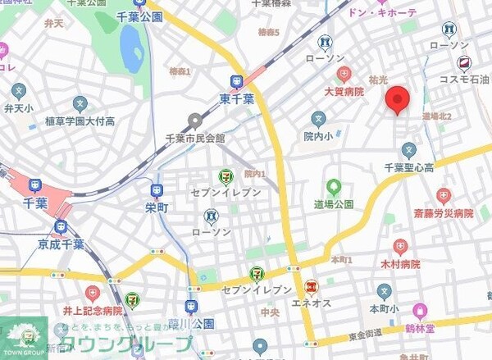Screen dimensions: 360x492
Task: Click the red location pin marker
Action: (x=398, y=98)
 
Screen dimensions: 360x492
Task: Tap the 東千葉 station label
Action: (x=237, y=97)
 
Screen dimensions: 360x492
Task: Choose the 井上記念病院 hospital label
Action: (x=91, y=311)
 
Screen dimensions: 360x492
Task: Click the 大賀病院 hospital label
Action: (x=343, y=93)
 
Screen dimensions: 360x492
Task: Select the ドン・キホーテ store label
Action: (x=382, y=13)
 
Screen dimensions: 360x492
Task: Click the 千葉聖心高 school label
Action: (x=408, y=167)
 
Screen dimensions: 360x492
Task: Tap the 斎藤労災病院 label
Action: (x=443, y=213)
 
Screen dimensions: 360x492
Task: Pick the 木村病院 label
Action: (x=400, y=264)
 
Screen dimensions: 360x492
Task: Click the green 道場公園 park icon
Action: (x=333, y=188)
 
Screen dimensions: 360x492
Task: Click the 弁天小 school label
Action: (x=19, y=107)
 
